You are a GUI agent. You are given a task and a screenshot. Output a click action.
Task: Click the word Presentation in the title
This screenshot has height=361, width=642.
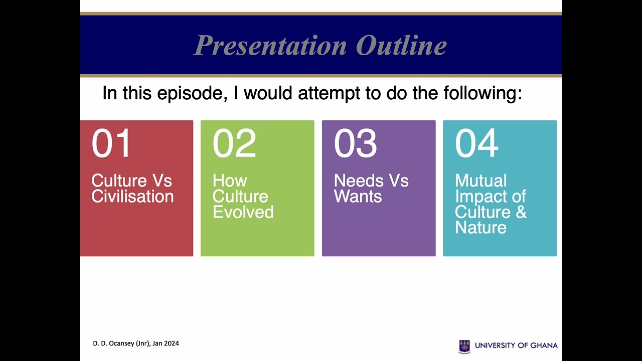click(x=270, y=46)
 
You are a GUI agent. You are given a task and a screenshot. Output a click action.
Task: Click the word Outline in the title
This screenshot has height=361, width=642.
click(x=401, y=46)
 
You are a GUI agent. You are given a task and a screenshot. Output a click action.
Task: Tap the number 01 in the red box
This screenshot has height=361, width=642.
click(x=111, y=143)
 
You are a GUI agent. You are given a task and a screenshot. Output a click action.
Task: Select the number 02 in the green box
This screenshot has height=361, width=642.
click(x=234, y=143)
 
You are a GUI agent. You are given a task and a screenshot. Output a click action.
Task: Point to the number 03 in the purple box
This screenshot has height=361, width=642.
click(x=355, y=143)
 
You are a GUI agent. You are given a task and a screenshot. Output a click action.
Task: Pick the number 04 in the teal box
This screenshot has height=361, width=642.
click(x=476, y=143)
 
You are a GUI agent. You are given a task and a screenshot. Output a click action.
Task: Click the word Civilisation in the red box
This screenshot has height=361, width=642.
click(x=132, y=197)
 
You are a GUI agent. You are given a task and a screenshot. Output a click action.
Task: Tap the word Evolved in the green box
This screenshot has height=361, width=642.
click(x=243, y=212)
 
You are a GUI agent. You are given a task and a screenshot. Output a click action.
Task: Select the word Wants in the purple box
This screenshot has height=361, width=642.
click(x=358, y=197)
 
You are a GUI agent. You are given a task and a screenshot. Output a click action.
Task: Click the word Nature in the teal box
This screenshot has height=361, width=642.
click(x=480, y=228)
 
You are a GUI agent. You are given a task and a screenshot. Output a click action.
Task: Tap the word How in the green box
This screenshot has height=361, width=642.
click(x=230, y=180)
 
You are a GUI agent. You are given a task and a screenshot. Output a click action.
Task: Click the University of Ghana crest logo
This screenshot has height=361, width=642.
click(x=464, y=346)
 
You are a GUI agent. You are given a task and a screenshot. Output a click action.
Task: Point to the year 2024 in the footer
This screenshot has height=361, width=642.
click(x=172, y=343)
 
